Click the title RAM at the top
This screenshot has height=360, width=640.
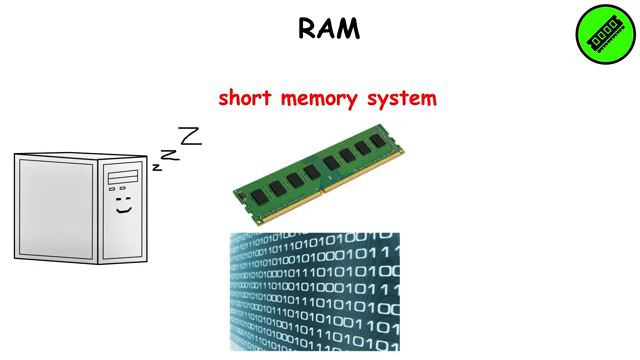(329, 29)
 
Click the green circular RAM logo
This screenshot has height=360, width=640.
(605, 34)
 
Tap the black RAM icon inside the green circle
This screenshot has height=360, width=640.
(605, 35)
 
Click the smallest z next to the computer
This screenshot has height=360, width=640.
(157, 167)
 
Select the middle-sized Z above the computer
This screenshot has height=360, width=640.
(171, 153)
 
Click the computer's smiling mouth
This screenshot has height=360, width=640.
(124, 211)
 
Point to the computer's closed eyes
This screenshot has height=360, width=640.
(124, 197)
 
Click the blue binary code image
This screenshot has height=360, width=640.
(315, 291)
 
